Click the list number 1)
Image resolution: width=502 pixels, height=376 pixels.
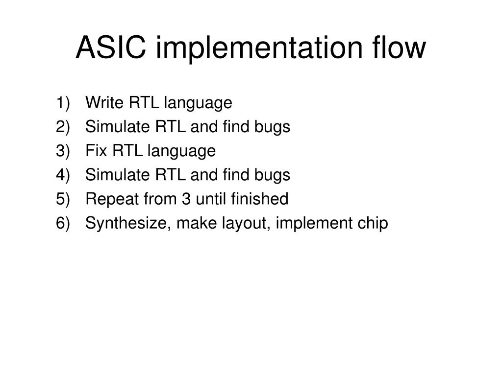[x=63, y=103]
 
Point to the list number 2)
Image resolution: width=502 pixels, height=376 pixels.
[x=63, y=127]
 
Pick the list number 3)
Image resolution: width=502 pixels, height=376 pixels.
[x=63, y=151]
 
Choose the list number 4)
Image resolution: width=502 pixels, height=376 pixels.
[x=63, y=175]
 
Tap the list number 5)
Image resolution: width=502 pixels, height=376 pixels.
[x=63, y=199]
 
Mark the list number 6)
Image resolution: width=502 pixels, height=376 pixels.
[x=63, y=223]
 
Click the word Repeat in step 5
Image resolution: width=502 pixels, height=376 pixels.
[x=108, y=199]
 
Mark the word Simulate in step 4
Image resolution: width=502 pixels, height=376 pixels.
[x=117, y=175]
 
